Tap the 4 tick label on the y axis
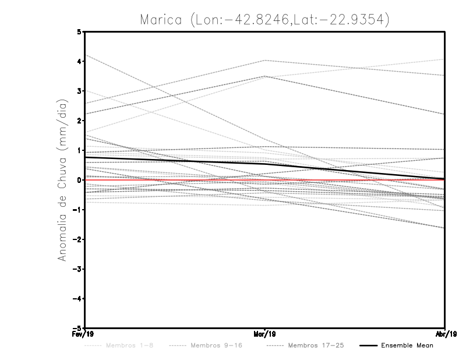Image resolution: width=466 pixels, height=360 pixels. [79, 61]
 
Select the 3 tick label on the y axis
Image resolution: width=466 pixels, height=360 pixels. [79, 91]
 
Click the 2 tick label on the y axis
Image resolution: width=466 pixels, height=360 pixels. [79, 121]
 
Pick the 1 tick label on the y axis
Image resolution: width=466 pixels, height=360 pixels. [79, 150]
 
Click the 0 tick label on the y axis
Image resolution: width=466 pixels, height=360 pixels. [79, 180]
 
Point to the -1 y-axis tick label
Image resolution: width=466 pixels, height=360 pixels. [77, 210]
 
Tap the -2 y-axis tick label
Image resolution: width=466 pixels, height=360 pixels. [77, 239]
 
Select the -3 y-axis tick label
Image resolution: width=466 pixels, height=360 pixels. [77, 269]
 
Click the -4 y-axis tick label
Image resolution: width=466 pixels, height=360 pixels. [77, 299]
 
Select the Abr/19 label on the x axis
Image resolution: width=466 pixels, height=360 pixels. [445, 334]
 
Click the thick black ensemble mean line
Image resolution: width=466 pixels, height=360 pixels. [175, 160]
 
